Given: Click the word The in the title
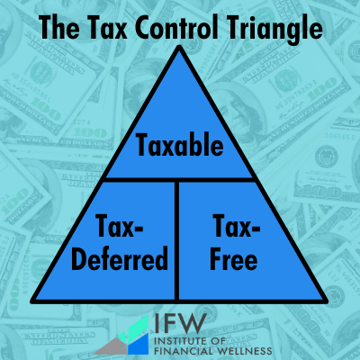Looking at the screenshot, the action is tap(60, 27).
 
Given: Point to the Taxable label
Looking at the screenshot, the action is tap(180, 145).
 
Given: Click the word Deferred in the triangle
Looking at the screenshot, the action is tap(120, 258).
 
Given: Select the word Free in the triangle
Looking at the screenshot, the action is tap(234, 258).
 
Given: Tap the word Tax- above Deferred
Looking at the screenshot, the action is tap(120, 226).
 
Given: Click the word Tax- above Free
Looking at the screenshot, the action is tap(236, 226).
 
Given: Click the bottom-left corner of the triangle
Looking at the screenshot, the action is tap(31, 301).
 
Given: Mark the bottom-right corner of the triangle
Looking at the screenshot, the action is tap(327, 301).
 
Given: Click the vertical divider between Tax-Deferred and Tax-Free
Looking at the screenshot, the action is tap(176, 240).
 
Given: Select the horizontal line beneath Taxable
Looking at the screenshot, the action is tap(180, 179).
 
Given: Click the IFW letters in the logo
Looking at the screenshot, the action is tap(181, 324).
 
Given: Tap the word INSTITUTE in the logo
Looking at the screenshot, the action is tap(180, 341).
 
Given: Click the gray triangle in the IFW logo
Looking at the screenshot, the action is tap(112, 347).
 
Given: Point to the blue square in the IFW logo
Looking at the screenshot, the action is tap(139, 344).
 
